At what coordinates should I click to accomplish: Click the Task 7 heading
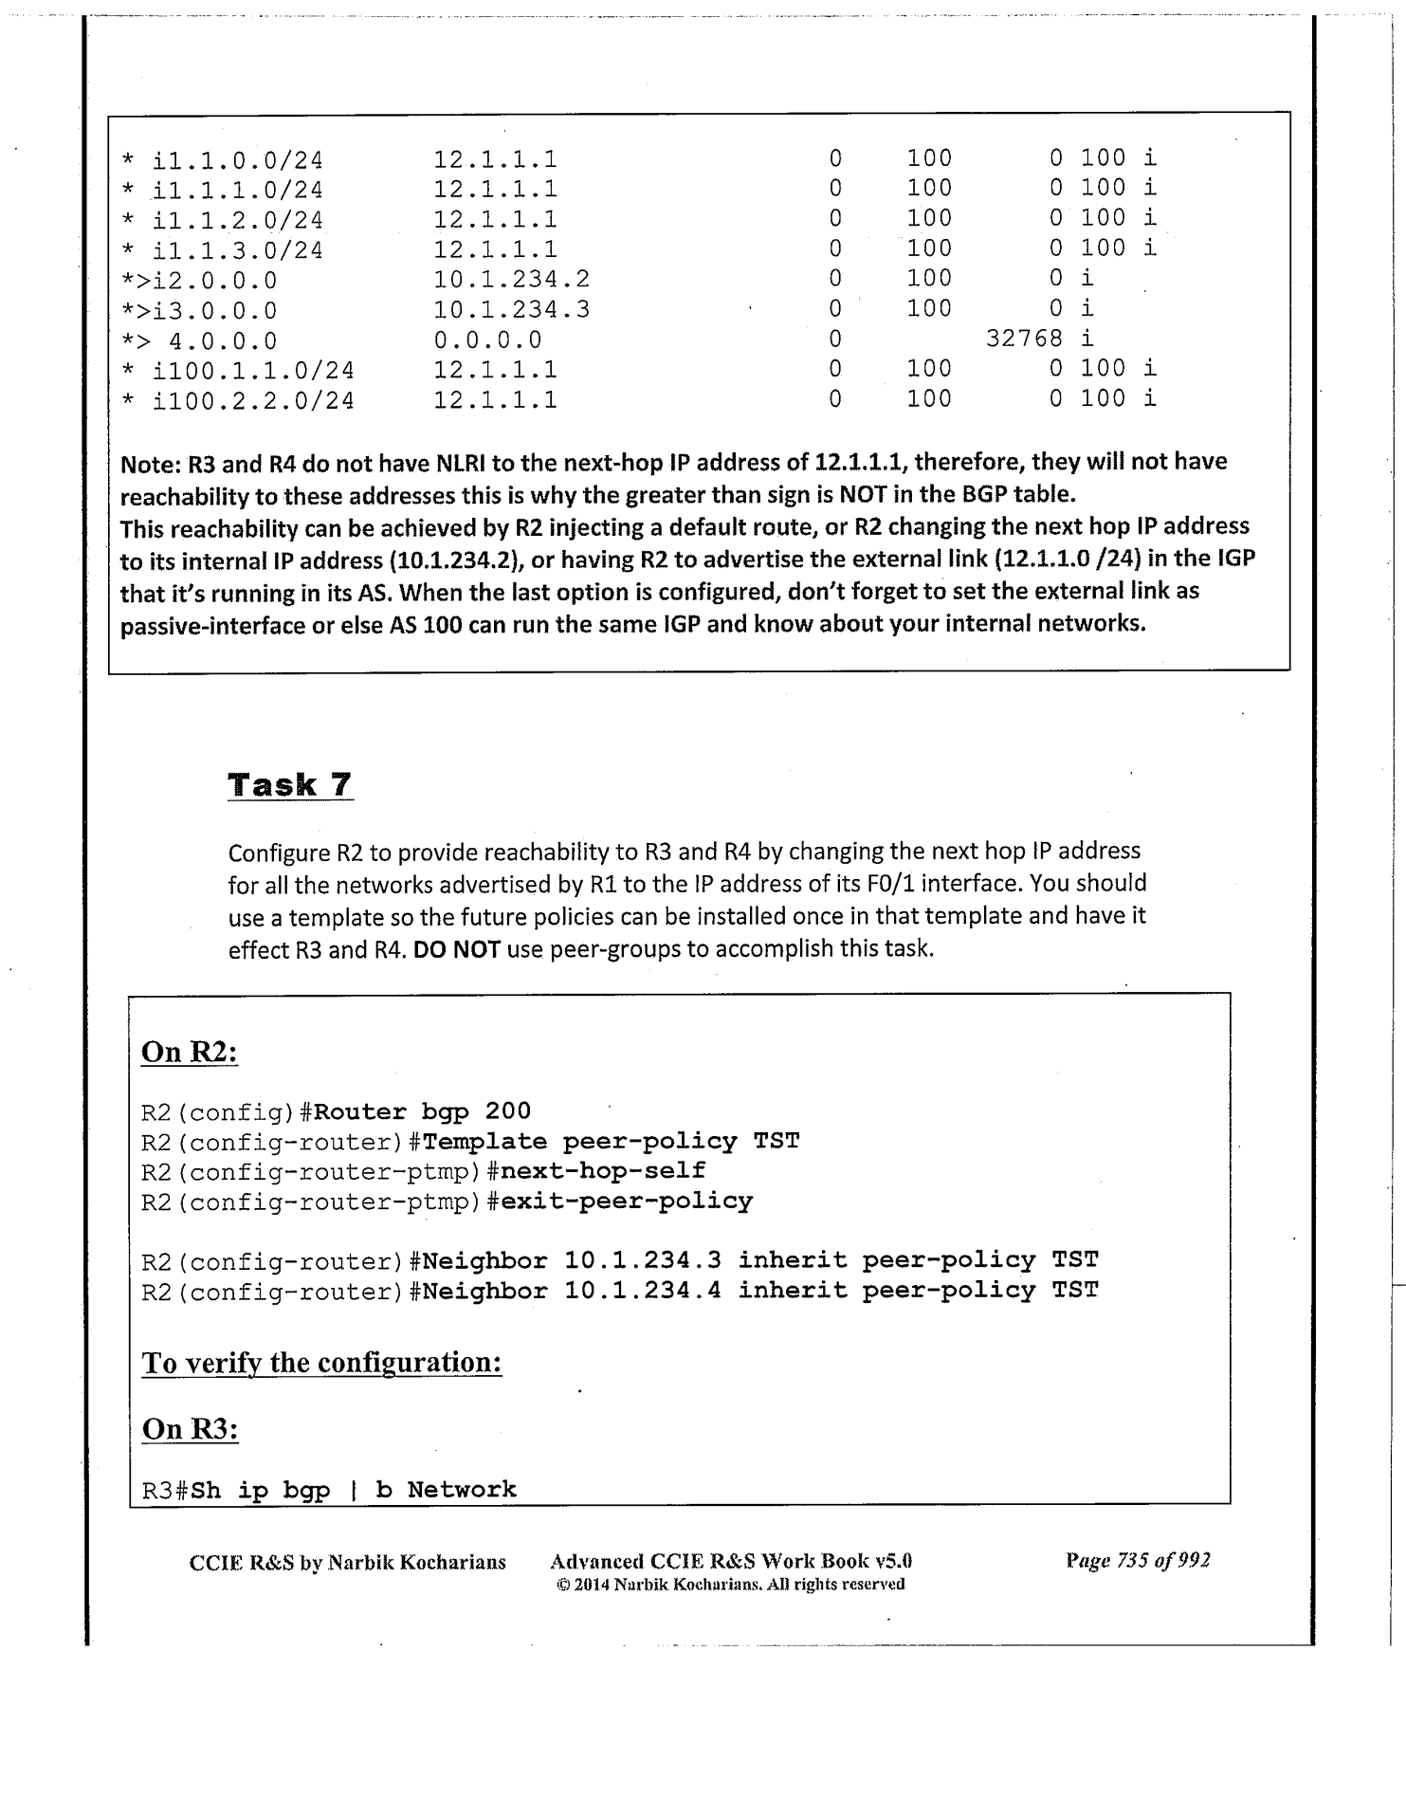pyautogui.click(x=290, y=785)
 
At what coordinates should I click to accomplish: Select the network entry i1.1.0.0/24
pyautogui.click(x=237, y=159)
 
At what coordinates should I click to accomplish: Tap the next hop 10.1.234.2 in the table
pyautogui.click(x=511, y=279)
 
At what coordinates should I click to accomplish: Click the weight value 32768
pyautogui.click(x=1024, y=339)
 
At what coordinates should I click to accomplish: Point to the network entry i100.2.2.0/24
pyautogui.click(x=253, y=400)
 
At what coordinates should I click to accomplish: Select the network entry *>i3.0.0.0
pyautogui.click(x=199, y=310)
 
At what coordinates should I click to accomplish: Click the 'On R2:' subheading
pyautogui.click(x=189, y=1052)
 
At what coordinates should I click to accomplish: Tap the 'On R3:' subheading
pyautogui.click(x=190, y=1428)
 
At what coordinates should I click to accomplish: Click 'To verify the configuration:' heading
pyautogui.click(x=321, y=1363)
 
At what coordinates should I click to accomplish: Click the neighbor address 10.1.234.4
pyautogui.click(x=643, y=1291)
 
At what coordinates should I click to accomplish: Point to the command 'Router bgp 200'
pyautogui.click(x=422, y=1111)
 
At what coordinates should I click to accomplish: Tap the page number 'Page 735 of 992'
pyautogui.click(x=1138, y=1560)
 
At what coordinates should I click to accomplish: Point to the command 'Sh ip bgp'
pyautogui.click(x=261, y=1490)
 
